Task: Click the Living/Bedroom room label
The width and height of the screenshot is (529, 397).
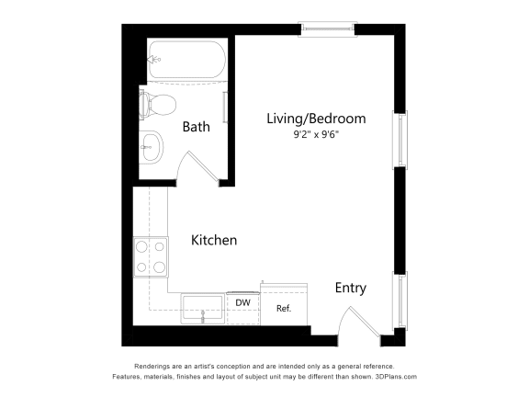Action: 316,119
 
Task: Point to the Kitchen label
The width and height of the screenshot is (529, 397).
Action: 214,240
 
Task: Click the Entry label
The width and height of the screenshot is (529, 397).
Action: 350,288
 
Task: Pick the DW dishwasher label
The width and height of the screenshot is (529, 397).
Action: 242,302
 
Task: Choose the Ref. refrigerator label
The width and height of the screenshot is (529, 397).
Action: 283,309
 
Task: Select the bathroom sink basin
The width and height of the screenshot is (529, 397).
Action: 152,144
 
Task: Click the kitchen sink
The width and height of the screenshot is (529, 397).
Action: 202,308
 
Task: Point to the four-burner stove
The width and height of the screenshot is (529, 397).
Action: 152,256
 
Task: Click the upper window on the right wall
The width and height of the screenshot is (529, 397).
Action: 400,140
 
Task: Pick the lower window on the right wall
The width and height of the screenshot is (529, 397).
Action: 400,301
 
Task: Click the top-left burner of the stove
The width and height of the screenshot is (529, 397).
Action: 143,246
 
